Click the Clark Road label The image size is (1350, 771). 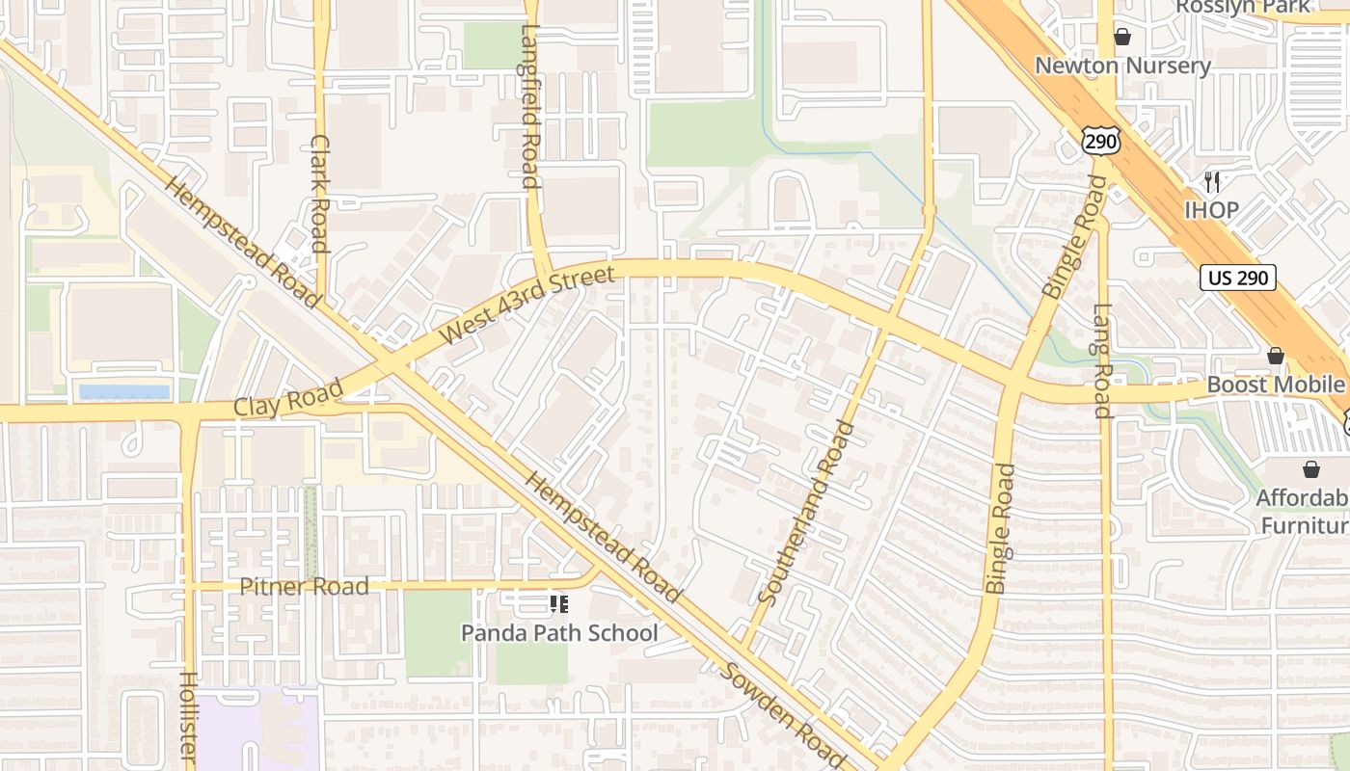tap(320, 193)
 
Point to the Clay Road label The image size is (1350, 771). tap(288, 399)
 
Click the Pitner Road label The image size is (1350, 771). tap(304, 586)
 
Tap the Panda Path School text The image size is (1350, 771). tap(559, 633)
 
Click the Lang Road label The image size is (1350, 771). tap(1103, 361)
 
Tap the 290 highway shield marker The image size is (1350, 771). tap(1100, 142)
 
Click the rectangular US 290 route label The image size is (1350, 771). tap(1238, 279)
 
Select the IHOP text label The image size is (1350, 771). tap(1211, 210)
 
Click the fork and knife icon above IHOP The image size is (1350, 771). tap(1212, 181)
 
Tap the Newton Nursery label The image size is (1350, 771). tap(1122, 66)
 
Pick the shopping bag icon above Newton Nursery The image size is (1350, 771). tap(1121, 38)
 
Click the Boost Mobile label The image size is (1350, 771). tap(1275, 385)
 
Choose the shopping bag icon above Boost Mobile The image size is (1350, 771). tap(1276, 357)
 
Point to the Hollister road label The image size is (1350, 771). tap(189, 718)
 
